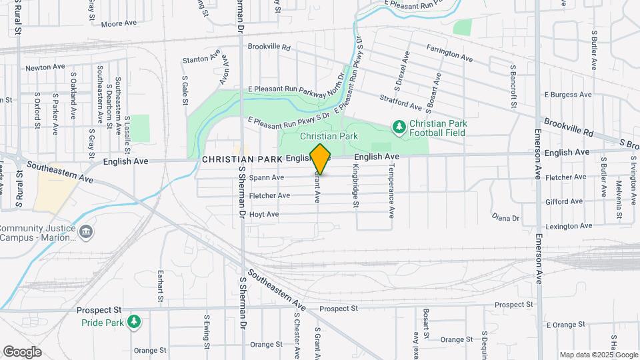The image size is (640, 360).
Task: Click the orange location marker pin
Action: [x=321, y=159]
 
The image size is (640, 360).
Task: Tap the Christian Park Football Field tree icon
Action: [x=399, y=126]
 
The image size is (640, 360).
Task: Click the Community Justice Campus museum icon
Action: [x=86, y=231]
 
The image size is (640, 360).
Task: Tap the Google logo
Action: [x=22, y=352]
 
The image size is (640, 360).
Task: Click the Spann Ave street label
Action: [x=266, y=178]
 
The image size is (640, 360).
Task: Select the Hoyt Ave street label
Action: [x=263, y=214]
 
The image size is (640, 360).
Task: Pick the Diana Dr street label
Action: [x=505, y=218]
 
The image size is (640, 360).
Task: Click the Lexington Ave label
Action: [x=568, y=226]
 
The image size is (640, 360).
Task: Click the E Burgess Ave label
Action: [x=567, y=95]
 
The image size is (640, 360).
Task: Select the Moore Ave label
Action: [x=119, y=23]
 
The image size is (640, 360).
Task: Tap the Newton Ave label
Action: [x=45, y=68]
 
